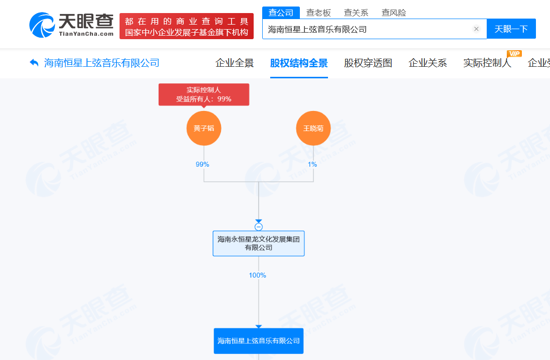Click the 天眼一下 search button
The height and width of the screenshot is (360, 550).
511,29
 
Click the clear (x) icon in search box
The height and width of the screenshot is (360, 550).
477,29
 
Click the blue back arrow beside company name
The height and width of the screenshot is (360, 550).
34,63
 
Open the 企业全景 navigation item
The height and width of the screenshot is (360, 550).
235,63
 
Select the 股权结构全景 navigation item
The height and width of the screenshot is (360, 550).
299,63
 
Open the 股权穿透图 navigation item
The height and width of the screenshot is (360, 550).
368,63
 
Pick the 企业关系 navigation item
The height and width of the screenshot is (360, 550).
428,63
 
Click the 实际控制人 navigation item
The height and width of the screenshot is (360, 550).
487,63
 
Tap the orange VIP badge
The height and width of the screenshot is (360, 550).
514,54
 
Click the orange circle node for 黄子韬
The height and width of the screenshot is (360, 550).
204,128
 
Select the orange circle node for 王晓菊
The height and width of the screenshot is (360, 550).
313,128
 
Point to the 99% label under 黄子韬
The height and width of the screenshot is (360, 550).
202,164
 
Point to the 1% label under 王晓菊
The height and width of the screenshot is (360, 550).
312,164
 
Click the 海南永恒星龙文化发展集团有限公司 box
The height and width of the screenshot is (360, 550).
259,244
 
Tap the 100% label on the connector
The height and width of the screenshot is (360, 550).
258,275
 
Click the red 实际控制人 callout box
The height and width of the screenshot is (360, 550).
204,94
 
